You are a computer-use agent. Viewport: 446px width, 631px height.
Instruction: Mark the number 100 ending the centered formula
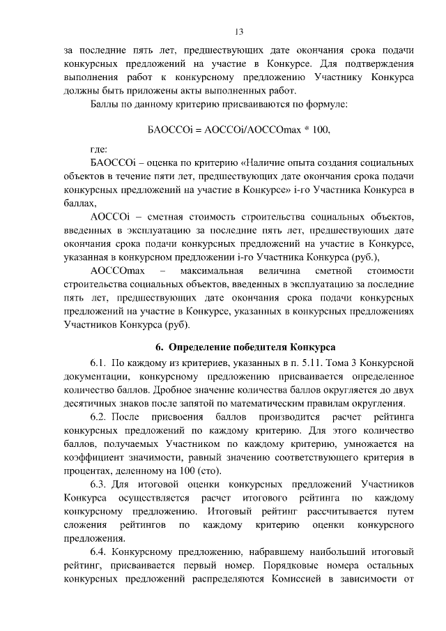tap(321, 130)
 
